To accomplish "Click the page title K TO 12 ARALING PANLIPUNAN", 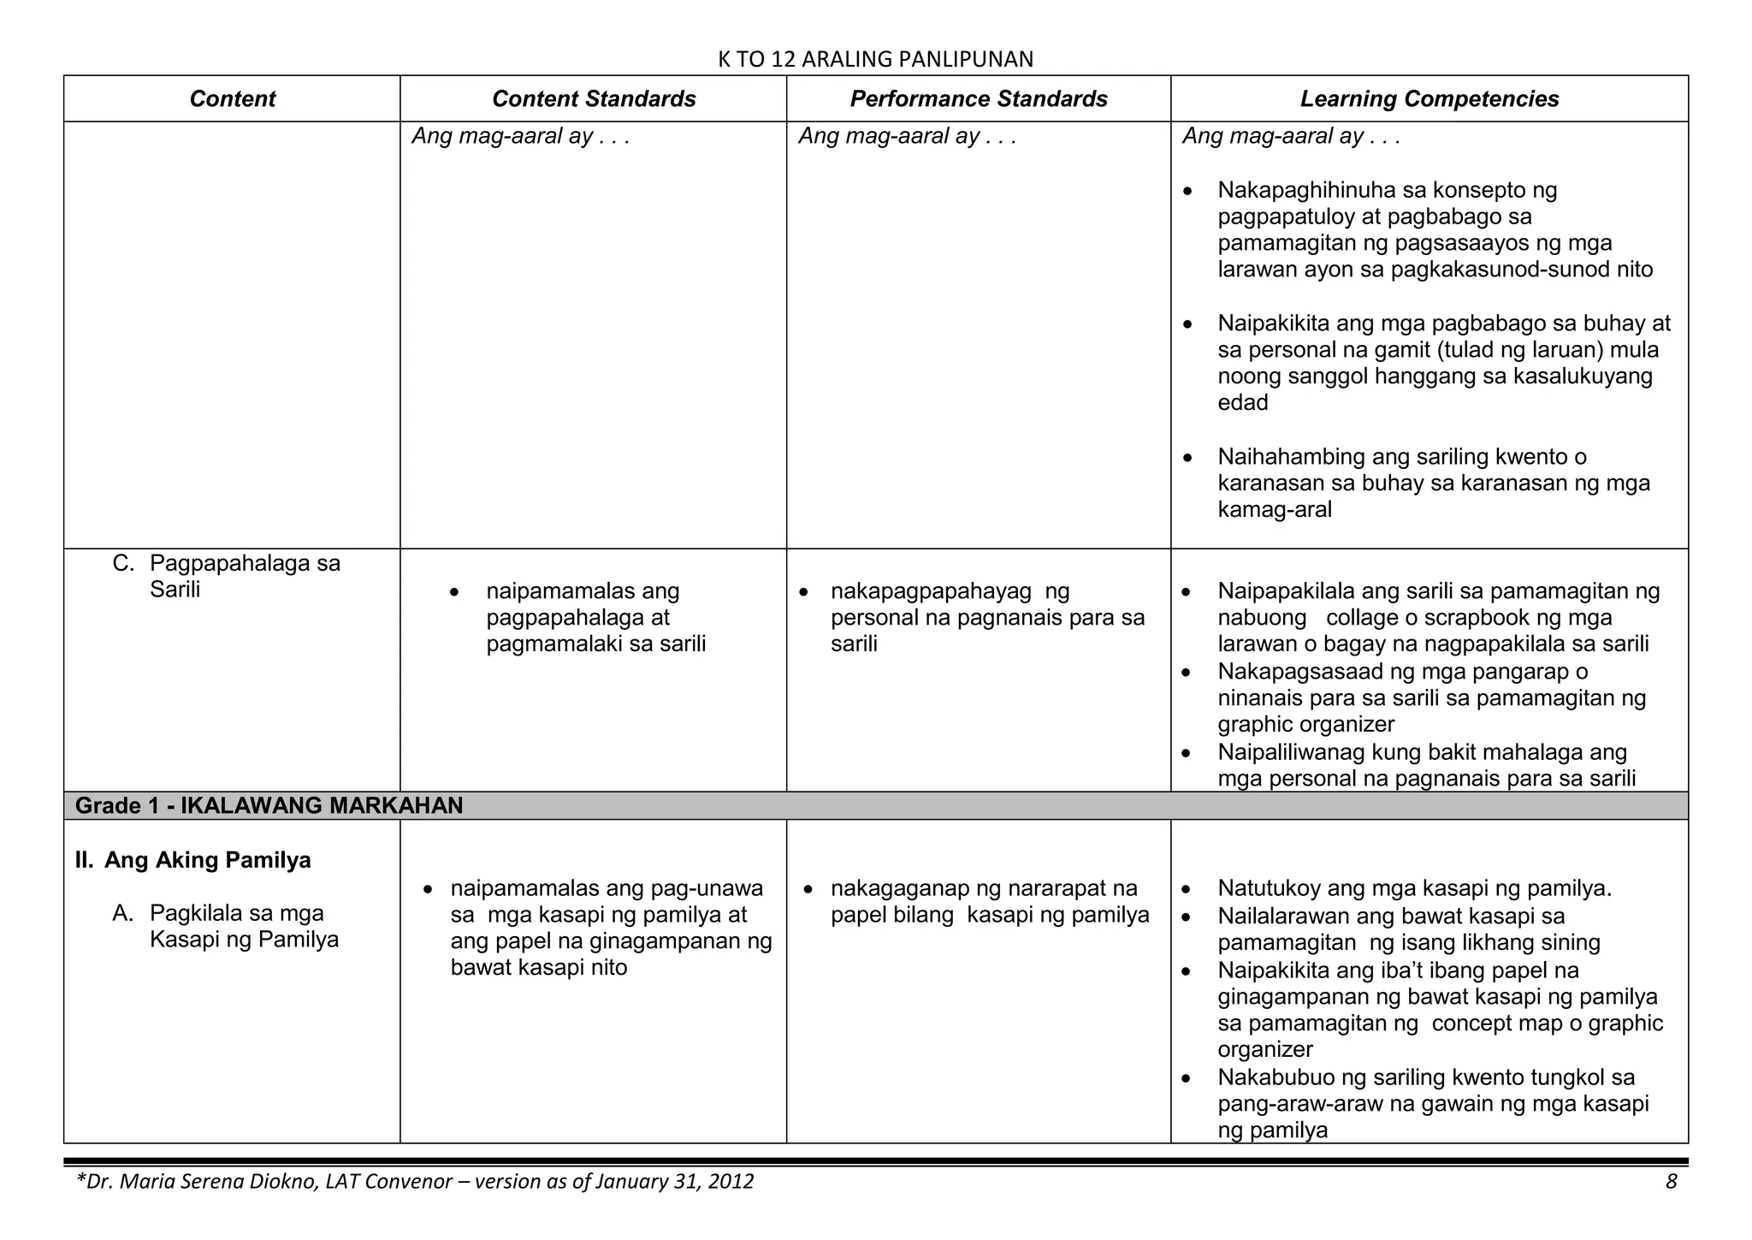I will tap(875, 59).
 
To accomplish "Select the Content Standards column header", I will tap(594, 99).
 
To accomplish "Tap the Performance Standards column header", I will tap(979, 99).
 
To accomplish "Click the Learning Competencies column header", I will tap(1429, 99).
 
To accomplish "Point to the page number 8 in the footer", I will tap(1671, 1182).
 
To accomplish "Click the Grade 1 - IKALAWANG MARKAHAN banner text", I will tap(269, 805).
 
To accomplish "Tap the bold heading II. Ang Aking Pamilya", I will tap(193, 860).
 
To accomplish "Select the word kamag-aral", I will tap(1275, 510).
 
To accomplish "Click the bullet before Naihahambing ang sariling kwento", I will tap(1187, 459).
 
